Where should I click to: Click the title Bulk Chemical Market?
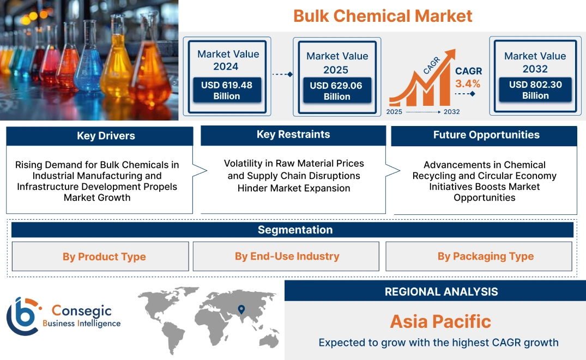[x=383, y=16]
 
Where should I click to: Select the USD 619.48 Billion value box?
[x=226, y=90]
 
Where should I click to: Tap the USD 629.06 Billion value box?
[x=337, y=91]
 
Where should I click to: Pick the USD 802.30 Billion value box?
[x=535, y=90]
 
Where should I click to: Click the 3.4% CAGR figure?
[x=468, y=83]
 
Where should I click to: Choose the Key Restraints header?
[x=293, y=135]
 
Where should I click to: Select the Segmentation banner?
[x=295, y=230]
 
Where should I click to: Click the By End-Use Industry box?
[x=287, y=256]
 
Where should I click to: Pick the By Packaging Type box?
[x=485, y=256]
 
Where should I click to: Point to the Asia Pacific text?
[x=440, y=321]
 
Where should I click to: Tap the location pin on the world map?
[x=240, y=310]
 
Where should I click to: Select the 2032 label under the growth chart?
[x=451, y=112]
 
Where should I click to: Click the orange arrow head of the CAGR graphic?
[x=450, y=55]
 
